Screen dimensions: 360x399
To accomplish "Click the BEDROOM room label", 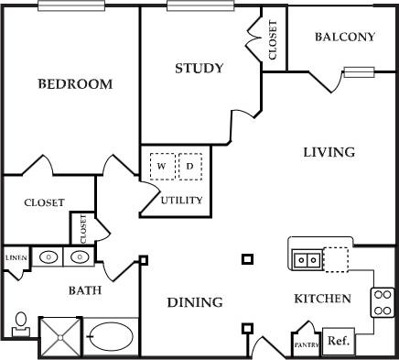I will click(75, 84).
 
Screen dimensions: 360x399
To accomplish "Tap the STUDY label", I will click(199, 69).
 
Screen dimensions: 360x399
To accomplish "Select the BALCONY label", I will click(344, 38).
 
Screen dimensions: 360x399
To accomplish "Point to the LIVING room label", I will click(329, 152).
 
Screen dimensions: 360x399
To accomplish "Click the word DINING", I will click(194, 302).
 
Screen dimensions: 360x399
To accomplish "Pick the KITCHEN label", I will click(322, 299).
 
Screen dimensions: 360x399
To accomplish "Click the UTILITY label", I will click(181, 200).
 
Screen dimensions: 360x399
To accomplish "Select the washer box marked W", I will click(162, 167).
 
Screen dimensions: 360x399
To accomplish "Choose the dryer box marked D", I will click(189, 167).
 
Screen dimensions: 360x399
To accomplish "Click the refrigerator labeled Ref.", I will click(338, 340).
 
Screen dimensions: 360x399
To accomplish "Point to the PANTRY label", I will click(305, 345).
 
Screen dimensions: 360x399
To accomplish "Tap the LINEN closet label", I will click(15, 258).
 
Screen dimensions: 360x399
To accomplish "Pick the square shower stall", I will click(60, 336).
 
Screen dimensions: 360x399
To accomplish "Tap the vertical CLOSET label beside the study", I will click(273, 40).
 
